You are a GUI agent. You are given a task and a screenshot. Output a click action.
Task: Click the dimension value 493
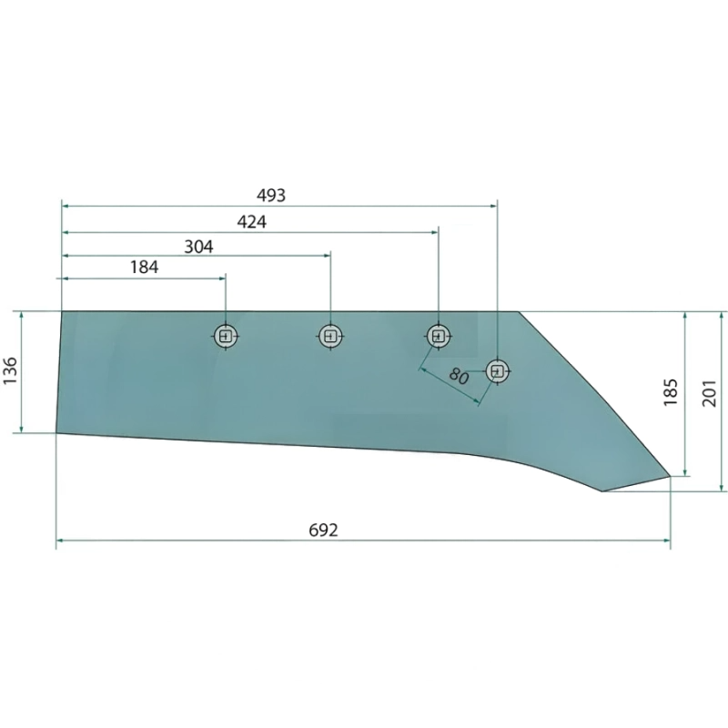pos(271,196)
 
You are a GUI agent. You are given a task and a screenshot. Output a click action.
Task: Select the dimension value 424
pos(252,222)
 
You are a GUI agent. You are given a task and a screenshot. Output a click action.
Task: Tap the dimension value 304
pos(198,247)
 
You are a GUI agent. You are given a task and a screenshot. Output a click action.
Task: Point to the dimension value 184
pos(144,267)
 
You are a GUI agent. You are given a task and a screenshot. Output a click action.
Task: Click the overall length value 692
pos(323,530)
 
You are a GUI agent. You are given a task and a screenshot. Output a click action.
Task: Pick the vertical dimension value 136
pos(10,370)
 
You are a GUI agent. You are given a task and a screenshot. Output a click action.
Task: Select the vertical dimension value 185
pos(671,392)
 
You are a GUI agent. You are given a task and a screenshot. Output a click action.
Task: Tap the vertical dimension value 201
pos(709,393)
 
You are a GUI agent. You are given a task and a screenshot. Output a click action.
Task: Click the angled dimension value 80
pos(459,376)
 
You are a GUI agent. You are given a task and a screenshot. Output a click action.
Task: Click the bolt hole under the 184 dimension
pos(226,336)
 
